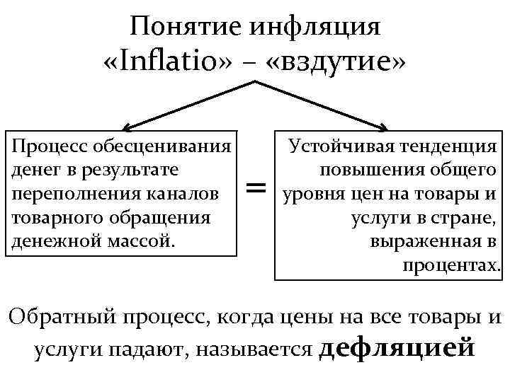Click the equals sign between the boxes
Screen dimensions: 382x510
point(256,187)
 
